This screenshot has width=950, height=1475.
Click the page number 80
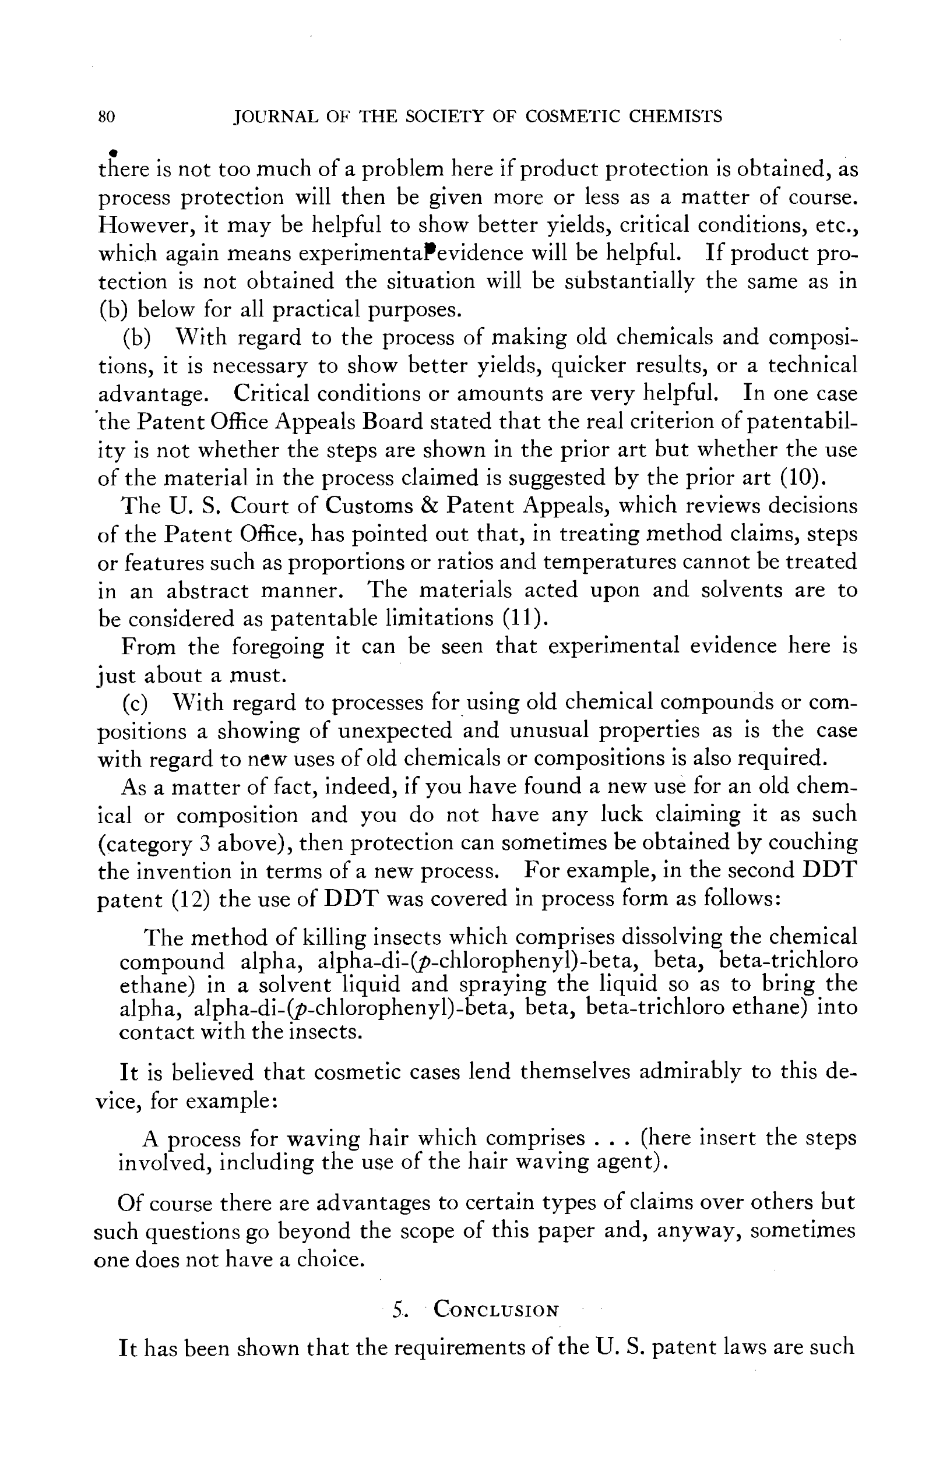click(106, 117)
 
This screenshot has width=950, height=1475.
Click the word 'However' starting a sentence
click(145, 225)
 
